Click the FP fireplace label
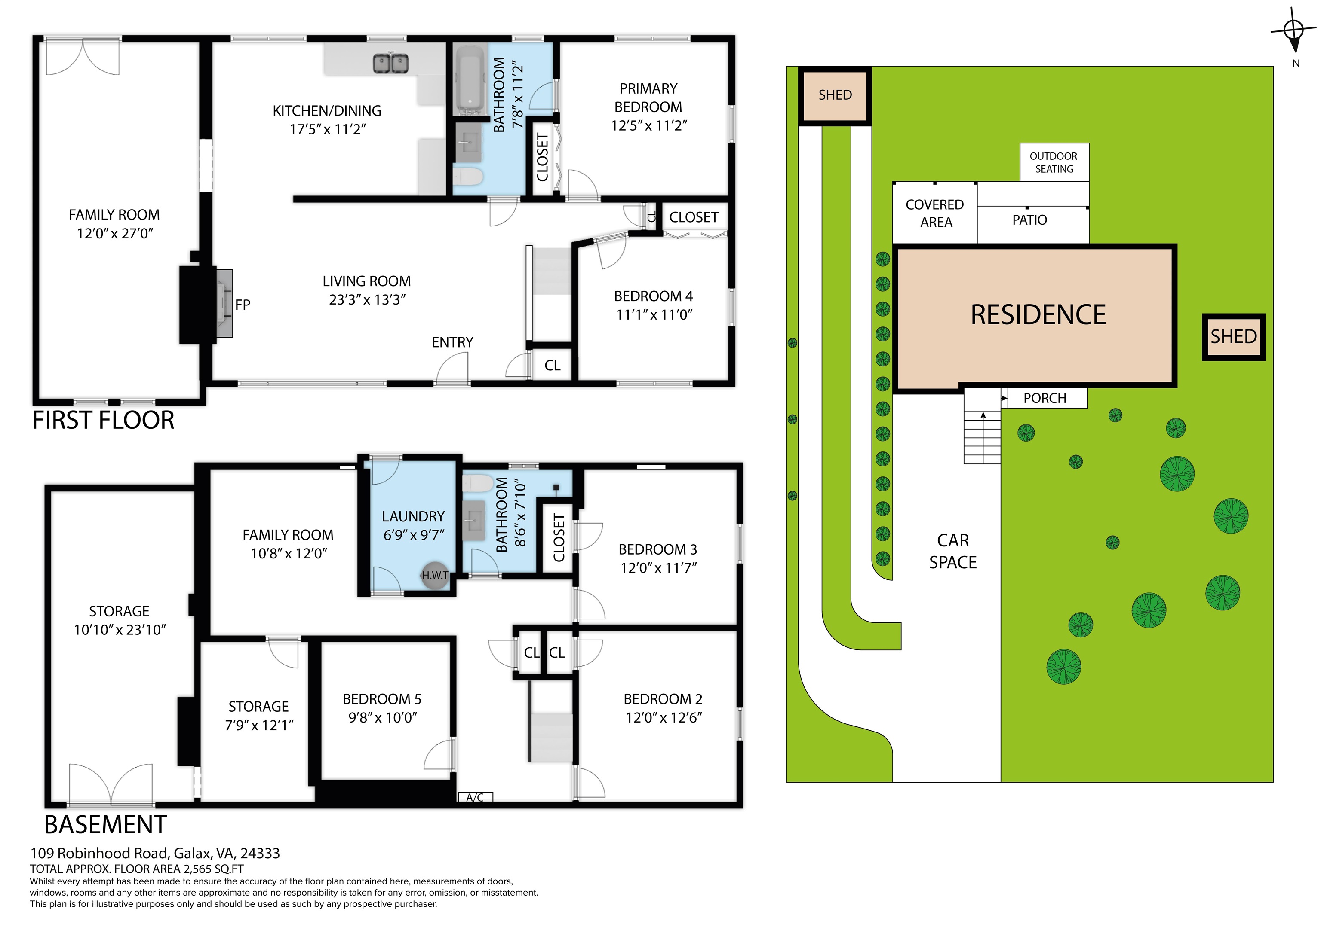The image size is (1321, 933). point(243,305)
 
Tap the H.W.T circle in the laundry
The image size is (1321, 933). point(435,575)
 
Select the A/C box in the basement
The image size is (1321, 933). point(475,797)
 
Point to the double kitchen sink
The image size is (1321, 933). point(390,63)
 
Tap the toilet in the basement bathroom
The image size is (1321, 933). point(477,483)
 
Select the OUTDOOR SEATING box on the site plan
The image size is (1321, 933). point(1054,162)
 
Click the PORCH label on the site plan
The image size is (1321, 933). point(1045,398)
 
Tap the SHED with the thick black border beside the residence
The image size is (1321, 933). point(1234,337)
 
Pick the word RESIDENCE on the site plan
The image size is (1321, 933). point(1038,315)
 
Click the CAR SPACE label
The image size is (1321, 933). point(953,551)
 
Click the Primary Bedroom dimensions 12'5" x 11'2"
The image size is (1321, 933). point(648,125)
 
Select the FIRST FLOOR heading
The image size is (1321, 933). point(104,420)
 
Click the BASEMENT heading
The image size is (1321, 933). point(106,825)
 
